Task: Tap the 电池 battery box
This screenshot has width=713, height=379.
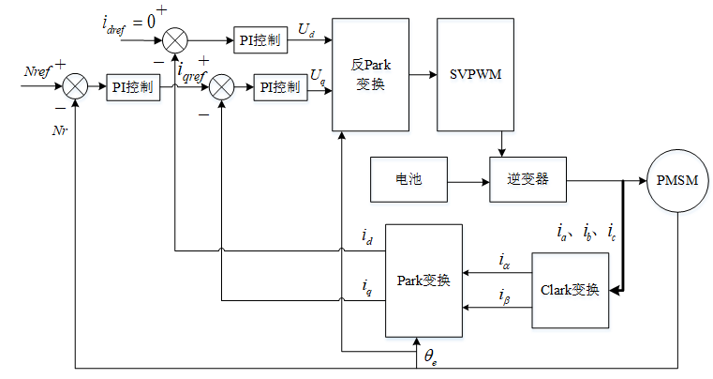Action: click(410, 179)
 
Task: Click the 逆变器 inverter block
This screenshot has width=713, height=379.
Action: click(528, 179)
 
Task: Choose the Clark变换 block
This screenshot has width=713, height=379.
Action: click(571, 290)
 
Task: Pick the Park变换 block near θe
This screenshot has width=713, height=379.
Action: click(423, 280)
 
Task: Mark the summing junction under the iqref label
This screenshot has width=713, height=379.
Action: click(221, 87)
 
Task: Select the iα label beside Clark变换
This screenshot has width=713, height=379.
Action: click(505, 261)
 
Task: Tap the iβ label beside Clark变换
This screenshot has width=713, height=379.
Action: click(505, 299)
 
